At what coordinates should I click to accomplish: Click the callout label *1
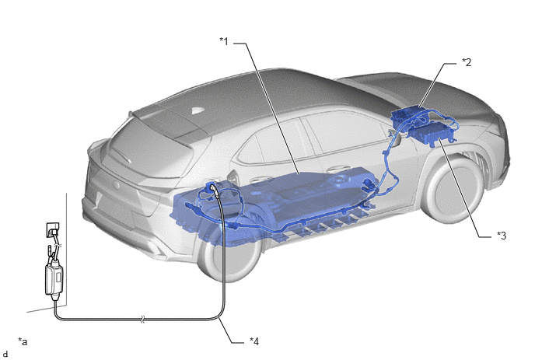tap(224, 41)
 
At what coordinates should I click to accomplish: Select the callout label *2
tap(467, 62)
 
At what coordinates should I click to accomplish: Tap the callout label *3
tap(502, 235)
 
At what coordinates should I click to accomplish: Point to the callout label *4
tap(254, 341)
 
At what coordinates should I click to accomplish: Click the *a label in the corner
tap(23, 341)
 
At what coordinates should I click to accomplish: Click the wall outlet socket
tap(53, 230)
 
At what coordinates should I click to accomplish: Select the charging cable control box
tap(54, 279)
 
